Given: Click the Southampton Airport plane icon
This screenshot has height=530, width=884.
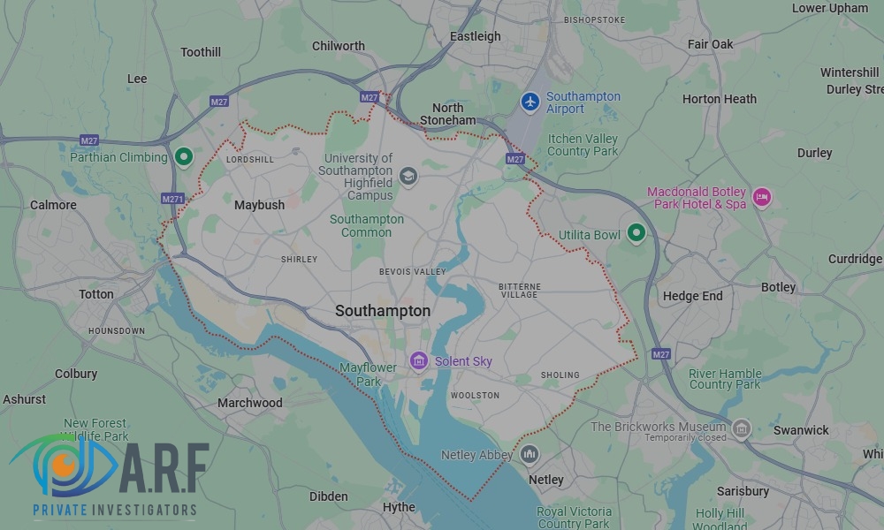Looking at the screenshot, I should click(x=530, y=102).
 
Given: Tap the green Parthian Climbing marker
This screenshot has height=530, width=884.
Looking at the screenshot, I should click(x=184, y=157).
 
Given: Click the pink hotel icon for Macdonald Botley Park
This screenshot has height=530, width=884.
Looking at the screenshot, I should click(x=762, y=196).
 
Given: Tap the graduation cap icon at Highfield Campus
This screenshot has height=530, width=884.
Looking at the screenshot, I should click(x=408, y=176).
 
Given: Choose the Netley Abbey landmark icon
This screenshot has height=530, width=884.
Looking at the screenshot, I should click(x=530, y=455).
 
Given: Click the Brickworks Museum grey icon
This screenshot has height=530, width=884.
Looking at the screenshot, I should click(x=741, y=429).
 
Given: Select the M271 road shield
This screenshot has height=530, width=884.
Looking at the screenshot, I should click(x=172, y=199).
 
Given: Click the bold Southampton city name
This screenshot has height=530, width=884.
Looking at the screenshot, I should click(x=383, y=311).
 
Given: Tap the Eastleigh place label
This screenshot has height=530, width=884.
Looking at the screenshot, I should click(x=475, y=36).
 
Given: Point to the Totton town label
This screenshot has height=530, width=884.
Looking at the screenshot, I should click(x=96, y=294).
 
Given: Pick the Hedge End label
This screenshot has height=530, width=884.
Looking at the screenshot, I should click(x=692, y=296).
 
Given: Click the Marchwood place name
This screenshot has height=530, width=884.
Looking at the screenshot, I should click(x=250, y=403).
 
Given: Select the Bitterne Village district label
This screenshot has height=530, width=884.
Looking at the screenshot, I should click(x=519, y=291).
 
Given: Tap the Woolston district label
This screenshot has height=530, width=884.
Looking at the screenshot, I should click(x=475, y=395).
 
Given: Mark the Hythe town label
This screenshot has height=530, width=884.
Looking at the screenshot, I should click(x=399, y=507).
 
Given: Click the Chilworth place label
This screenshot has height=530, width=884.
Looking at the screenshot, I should click(x=339, y=46).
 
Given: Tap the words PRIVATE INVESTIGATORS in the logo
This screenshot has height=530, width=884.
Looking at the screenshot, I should click(x=115, y=510).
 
